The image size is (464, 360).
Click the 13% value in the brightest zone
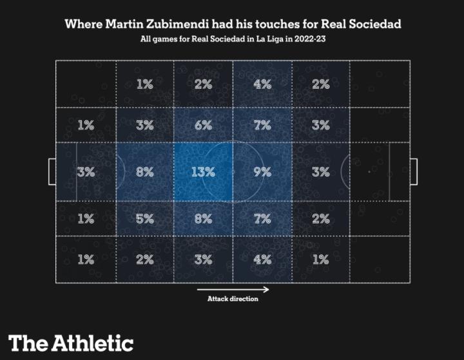203,172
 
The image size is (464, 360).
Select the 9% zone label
262,172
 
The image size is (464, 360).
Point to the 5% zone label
145,218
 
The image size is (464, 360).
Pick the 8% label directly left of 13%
145,172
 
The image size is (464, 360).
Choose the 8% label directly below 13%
203,218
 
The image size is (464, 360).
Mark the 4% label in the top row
262,84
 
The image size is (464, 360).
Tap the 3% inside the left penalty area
86,172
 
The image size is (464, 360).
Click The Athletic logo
71,343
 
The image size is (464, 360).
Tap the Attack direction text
233,299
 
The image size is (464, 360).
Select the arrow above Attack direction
233,290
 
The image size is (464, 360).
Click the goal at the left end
52,171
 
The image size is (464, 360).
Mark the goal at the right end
413,171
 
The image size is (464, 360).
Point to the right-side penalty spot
369,172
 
